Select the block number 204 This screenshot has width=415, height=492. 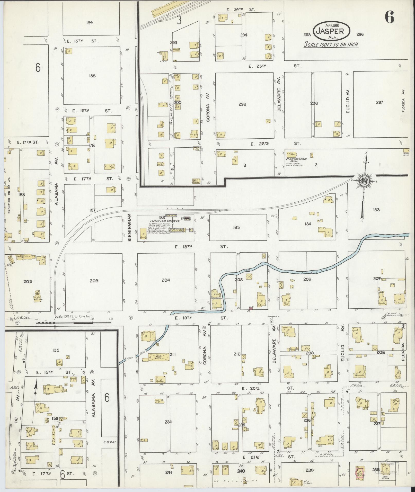tap(166, 280)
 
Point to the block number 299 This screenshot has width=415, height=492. tap(242, 104)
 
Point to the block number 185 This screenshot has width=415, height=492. tap(236, 227)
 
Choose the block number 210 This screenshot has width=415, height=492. tap(237, 354)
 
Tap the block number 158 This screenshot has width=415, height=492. tap(92, 76)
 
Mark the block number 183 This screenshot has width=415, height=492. tap(376, 210)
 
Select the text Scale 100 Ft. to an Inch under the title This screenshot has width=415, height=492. tap(331, 44)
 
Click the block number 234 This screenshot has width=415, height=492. tap(168, 422)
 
